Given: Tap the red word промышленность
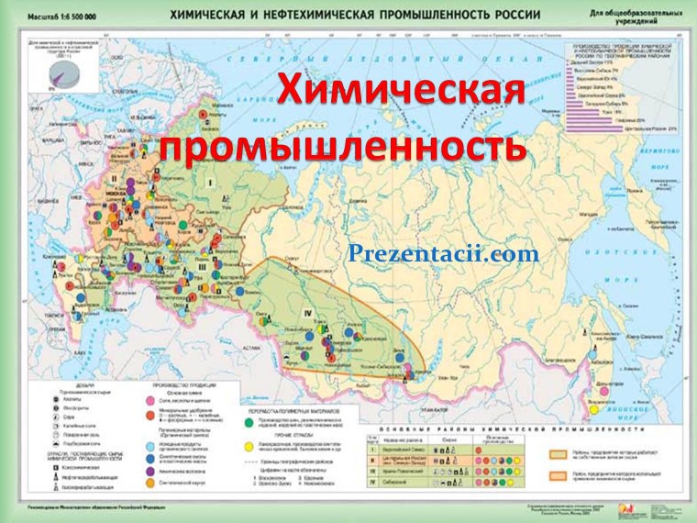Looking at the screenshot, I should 343,147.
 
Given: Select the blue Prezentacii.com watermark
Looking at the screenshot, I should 443,253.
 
